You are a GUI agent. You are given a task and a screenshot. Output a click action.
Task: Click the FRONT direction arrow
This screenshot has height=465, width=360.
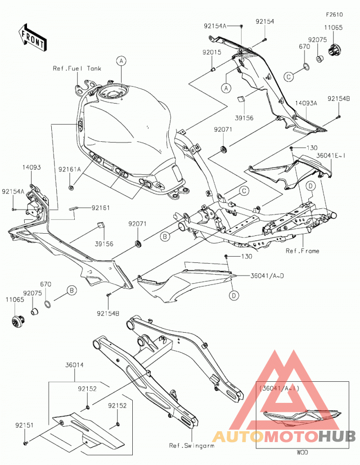(x=32, y=37)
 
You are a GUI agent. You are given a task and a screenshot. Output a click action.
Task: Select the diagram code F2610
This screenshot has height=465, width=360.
(x=334, y=14)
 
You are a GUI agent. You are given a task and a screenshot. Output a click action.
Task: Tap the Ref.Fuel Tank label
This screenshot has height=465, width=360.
(x=77, y=68)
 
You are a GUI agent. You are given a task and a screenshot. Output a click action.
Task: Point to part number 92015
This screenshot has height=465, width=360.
(x=212, y=53)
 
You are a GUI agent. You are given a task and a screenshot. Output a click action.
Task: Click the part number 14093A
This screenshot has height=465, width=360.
(x=306, y=103)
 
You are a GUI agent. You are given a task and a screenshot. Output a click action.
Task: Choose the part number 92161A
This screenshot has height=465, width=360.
(x=70, y=169)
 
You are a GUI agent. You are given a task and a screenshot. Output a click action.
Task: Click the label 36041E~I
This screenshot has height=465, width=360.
(x=331, y=155)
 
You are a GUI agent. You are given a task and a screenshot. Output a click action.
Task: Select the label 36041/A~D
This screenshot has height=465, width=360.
(x=267, y=276)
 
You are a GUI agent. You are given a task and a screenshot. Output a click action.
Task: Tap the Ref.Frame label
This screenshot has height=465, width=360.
(x=302, y=251)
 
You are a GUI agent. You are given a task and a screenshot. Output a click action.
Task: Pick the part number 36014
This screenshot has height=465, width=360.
(x=74, y=365)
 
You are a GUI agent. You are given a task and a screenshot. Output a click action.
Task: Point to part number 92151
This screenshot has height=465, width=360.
(x=25, y=425)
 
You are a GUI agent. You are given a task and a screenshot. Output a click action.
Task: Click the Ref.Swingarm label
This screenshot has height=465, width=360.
(x=192, y=446)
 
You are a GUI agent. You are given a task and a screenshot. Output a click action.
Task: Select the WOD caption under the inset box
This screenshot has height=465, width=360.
(x=302, y=452)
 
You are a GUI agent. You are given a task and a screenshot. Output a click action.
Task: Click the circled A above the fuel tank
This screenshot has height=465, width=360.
(x=121, y=61)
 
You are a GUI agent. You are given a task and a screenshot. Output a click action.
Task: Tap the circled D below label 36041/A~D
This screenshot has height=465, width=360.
(x=234, y=295)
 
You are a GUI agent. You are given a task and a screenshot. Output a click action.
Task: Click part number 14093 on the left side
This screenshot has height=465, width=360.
(x=31, y=167)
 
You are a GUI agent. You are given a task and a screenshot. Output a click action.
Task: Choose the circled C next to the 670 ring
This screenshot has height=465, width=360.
(x=288, y=77)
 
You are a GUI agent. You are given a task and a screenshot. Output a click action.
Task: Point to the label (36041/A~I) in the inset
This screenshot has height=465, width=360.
(x=279, y=388)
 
